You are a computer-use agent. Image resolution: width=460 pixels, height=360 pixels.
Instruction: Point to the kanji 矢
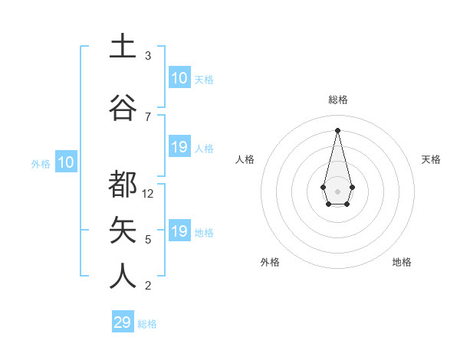123,229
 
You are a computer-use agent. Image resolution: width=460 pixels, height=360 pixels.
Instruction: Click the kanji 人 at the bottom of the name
123,275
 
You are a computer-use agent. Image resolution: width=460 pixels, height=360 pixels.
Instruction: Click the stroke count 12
149,194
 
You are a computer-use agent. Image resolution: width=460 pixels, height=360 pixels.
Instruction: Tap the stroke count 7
148,116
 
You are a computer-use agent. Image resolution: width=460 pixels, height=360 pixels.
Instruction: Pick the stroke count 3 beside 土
148,56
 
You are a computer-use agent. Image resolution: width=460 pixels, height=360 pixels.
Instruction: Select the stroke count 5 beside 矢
148,240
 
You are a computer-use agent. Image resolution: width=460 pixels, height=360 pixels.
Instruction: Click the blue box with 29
123,322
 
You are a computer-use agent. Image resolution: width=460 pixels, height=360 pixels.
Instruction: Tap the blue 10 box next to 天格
179,78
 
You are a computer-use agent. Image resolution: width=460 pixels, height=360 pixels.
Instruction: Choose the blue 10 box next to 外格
65,162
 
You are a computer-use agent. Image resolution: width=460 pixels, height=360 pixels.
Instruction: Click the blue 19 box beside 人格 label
179,147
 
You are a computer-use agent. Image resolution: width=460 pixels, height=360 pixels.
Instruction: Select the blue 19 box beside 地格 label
179,231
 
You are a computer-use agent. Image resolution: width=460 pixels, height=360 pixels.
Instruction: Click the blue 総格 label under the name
147,324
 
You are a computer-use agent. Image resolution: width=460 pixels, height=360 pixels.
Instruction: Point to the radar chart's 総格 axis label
338,100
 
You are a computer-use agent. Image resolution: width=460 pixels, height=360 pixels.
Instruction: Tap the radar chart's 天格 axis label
432,159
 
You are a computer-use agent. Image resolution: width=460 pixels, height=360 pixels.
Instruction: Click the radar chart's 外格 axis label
270,262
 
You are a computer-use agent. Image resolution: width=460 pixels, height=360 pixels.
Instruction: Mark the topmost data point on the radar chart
337,129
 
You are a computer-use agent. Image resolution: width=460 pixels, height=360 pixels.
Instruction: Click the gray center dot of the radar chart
337,190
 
